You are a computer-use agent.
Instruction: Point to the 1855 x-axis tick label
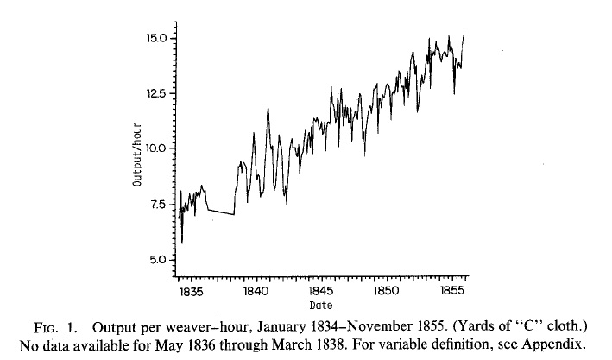[x=452, y=292]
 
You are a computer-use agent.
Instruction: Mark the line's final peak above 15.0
[x=464, y=35]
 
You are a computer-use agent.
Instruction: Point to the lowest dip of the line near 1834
[x=182, y=243]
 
